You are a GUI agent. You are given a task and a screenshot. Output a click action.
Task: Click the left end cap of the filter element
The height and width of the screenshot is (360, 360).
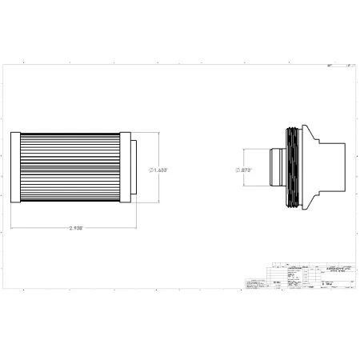click(x=18, y=166)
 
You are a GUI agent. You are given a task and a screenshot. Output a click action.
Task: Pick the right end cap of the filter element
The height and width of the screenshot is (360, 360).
click(x=125, y=166)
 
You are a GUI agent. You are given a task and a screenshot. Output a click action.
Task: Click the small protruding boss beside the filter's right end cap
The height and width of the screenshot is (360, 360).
click(x=134, y=166)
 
